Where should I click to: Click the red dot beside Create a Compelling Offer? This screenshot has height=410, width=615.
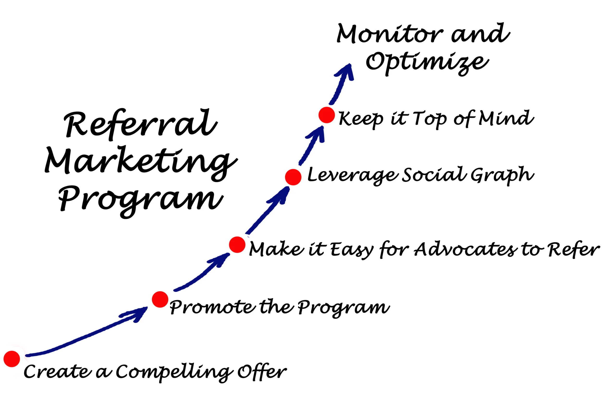12,359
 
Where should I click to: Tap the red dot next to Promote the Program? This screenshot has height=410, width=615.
160,300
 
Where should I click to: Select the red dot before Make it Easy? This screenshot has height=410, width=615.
237,245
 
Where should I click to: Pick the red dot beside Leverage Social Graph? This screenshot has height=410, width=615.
293,177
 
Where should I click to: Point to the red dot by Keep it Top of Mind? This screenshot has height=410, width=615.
326,115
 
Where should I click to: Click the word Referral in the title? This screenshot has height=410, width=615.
141,124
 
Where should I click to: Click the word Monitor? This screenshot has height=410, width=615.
390,34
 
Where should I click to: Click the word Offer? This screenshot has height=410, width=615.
262,371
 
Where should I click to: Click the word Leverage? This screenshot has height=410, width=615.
353,175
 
